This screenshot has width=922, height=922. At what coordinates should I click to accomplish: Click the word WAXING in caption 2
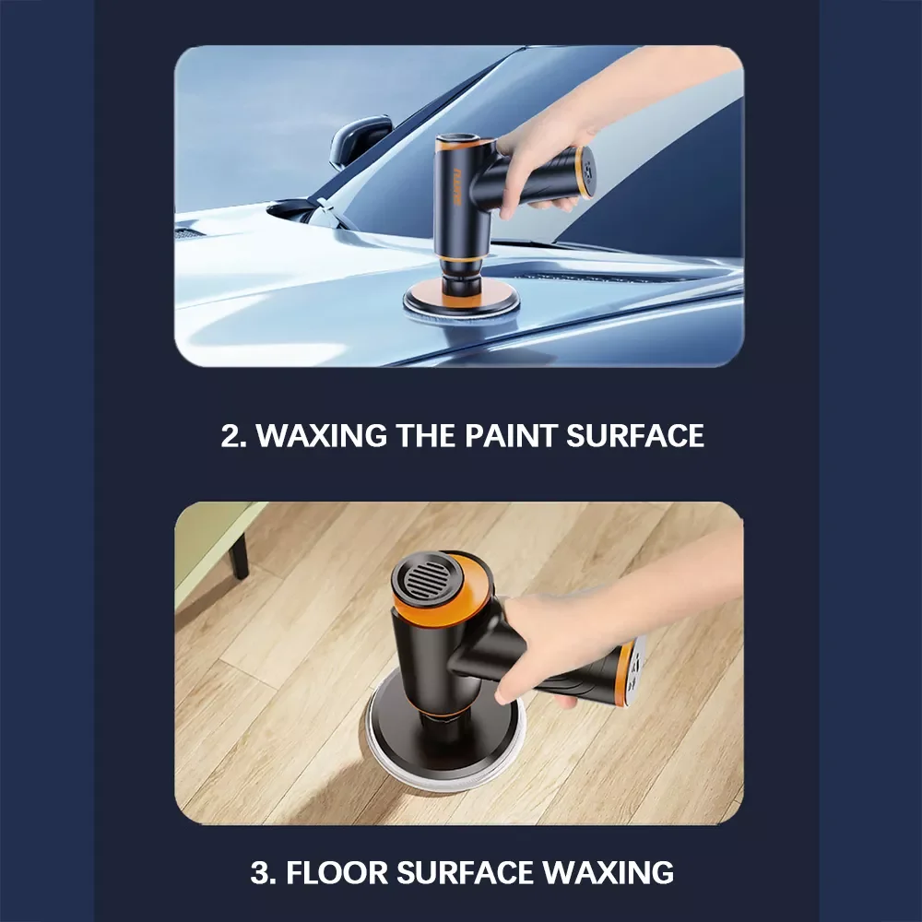click(322, 436)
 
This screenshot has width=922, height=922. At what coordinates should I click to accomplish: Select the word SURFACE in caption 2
click(635, 436)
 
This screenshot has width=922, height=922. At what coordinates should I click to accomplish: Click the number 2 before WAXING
click(230, 436)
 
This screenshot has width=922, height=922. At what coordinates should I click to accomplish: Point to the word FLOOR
click(337, 872)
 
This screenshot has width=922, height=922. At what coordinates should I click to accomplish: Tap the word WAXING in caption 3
click(608, 872)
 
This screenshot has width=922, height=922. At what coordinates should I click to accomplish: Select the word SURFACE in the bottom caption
click(465, 872)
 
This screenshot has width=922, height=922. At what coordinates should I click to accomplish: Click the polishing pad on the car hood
click(462, 307)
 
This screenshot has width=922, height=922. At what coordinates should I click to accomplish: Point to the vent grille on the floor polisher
click(427, 577)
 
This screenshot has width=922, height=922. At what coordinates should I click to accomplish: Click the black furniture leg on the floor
click(238, 556)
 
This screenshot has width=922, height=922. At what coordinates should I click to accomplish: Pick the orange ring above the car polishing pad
click(459, 260)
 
